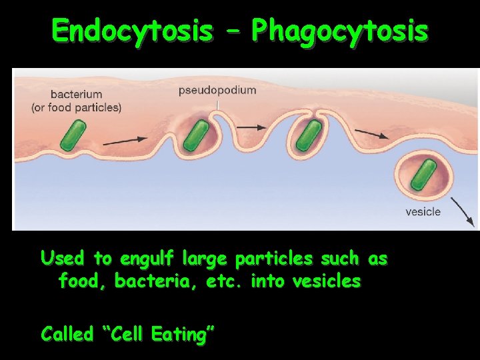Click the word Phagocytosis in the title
(339, 31)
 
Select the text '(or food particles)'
(76, 107)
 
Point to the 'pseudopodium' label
(217, 90)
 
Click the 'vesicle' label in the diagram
(423, 212)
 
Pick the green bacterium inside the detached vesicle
(423, 175)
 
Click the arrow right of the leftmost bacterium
(125, 140)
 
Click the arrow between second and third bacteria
(251, 127)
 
